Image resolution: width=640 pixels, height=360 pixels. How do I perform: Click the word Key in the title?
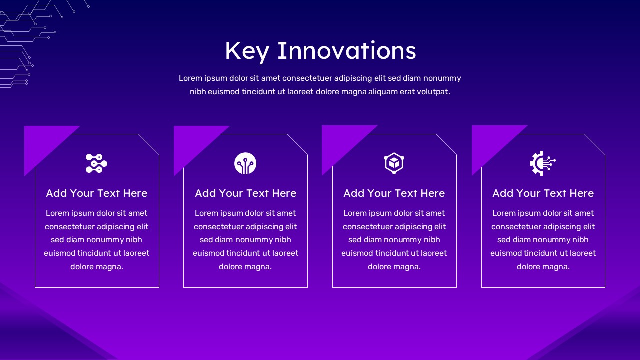(x=247, y=52)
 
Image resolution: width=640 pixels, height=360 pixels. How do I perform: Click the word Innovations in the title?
(x=347, y=50)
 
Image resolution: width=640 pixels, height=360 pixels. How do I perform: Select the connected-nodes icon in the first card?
(x=97, y=163)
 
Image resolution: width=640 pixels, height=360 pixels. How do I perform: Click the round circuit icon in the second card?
(x=245, y=163)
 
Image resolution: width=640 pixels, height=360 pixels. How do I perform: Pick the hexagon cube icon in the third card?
(x=394, y=163)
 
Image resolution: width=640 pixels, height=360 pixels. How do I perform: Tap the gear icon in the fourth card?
(x=543, y=163)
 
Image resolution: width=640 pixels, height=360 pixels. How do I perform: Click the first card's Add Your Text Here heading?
(x=97, y=193)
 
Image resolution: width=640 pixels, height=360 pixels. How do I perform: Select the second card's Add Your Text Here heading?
(x=245, y=193)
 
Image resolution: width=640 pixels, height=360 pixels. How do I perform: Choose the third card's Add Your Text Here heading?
(x=394, y=193)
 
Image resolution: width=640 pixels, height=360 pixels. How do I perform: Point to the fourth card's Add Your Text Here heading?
(x=543, y=193)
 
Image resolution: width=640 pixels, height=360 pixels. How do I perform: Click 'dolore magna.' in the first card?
(x=97, y=267)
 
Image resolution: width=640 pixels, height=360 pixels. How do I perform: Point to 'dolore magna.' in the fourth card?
(x=543, y=267)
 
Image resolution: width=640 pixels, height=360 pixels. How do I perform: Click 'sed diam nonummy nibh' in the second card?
(x=245, y=240)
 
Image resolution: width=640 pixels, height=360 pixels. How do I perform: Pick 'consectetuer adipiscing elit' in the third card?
(x=394, y=227)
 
